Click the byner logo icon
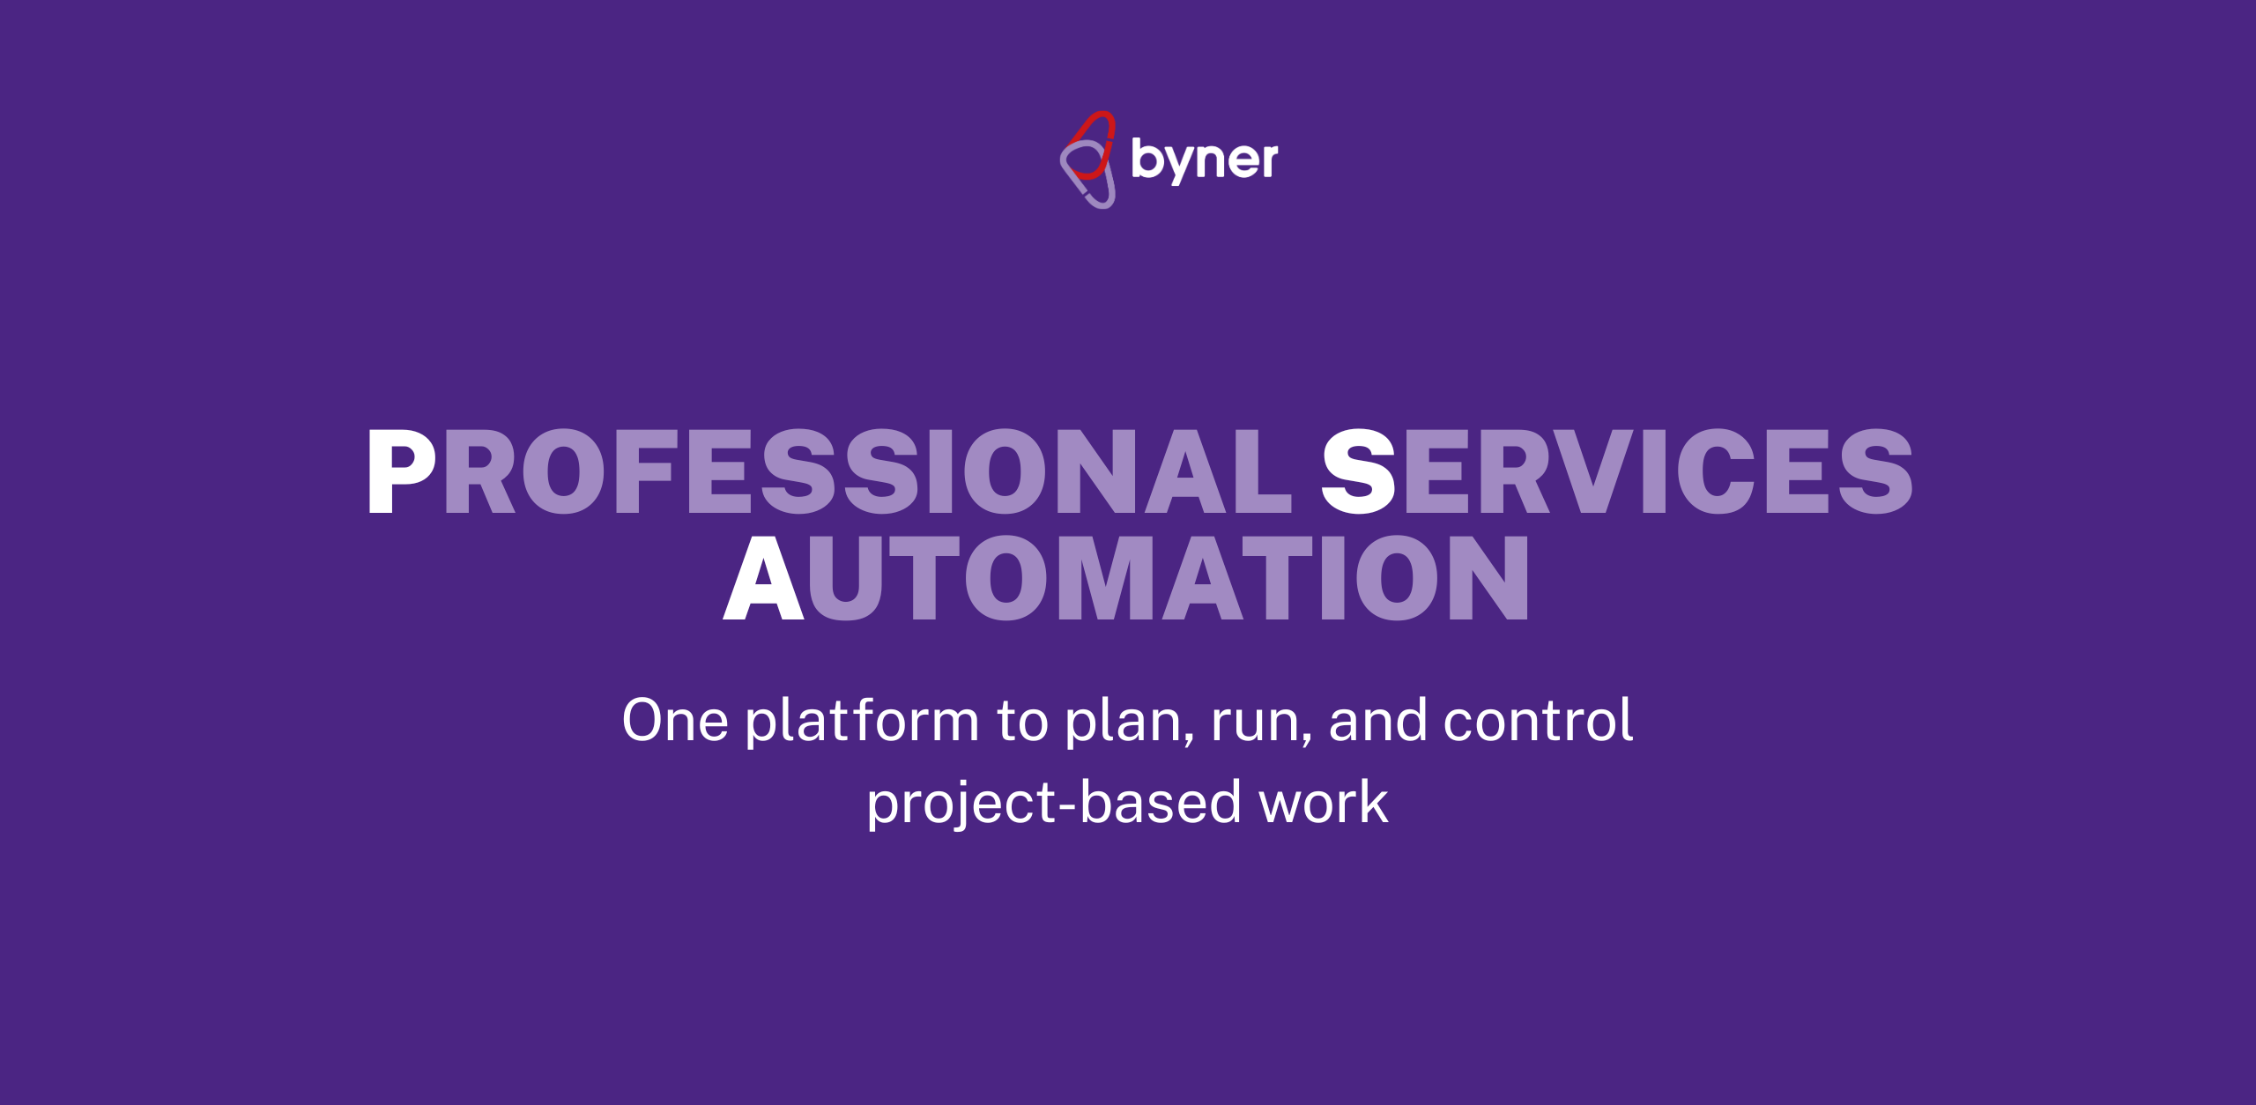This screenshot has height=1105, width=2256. (x=1088, y=159)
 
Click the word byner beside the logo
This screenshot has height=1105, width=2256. (x=1205, y=160)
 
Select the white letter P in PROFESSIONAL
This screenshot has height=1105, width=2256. (x=402, y=471)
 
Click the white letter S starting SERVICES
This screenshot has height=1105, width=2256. (x=1358, y=471)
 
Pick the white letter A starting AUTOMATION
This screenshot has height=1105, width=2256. (x=763, y=578)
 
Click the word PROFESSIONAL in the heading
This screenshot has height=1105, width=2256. (x=829, y=471)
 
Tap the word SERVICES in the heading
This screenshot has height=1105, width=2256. (x=1617, y=471)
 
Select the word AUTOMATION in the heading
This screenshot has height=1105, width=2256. (x=1126, y=578)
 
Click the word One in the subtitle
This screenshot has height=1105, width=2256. (x=675, y=721)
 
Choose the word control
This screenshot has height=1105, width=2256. (x=1538, y=720)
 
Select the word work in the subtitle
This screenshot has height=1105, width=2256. (x=1324, y=803)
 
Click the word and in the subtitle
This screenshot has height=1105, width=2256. (x=1377, y=720)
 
